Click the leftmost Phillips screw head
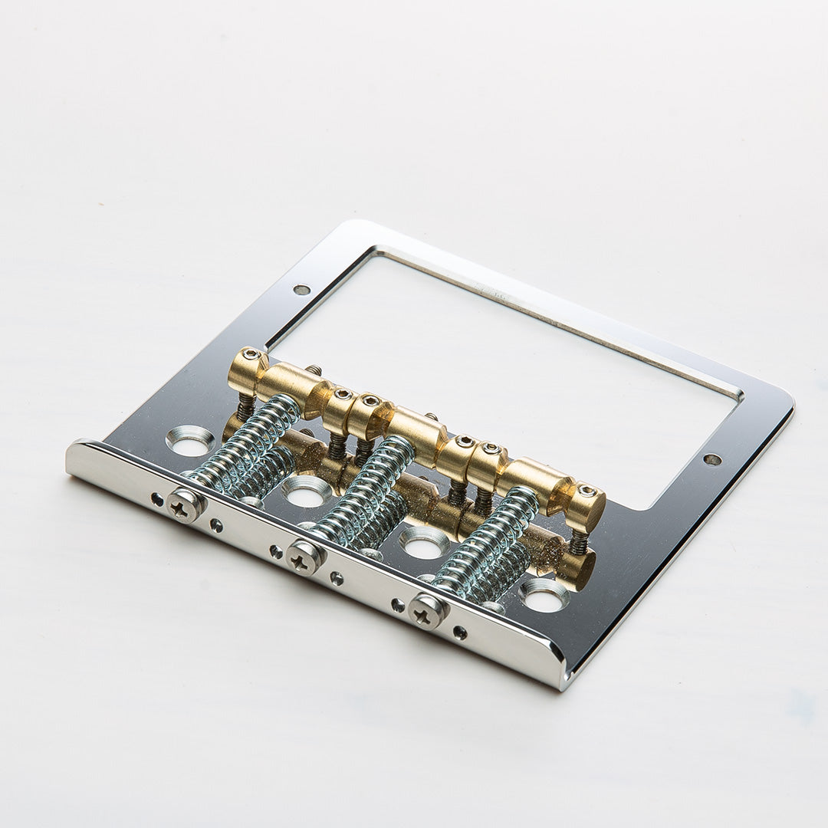coord(186,504)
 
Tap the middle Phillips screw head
coord(304,556)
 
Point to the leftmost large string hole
coord(189,441)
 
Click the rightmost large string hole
coord(545,596)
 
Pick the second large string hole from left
coord(307,491)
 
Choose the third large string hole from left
coord(424,543)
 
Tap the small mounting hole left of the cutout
coord(301,290)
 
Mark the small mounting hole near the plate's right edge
coord(712,459)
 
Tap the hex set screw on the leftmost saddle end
coord(251,355)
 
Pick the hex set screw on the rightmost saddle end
coord(586,491)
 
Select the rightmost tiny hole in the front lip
coord(458,632)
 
